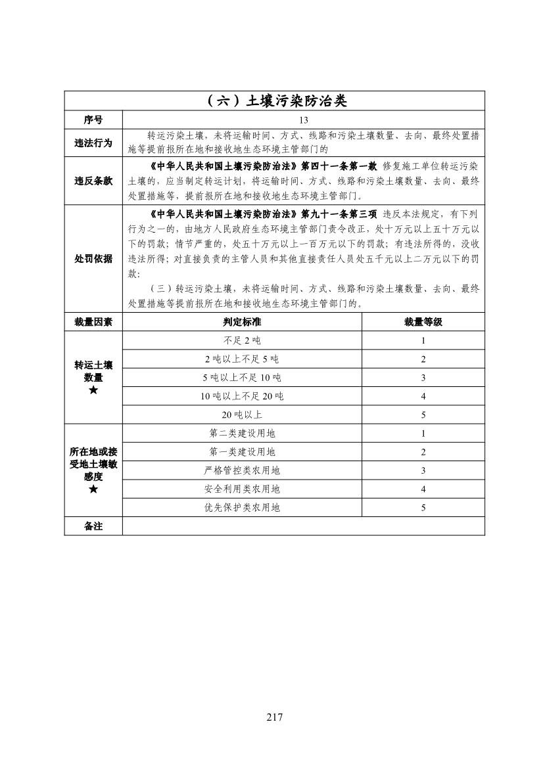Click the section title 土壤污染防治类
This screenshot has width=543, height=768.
pyautogui.click(x=275, y=101)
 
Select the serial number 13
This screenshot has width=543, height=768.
pyautogui.click(x=303, y=120)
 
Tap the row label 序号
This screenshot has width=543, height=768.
pyautogui.click(x=93, y=120)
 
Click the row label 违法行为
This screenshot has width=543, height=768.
pyautogui.click(x=93, y=143)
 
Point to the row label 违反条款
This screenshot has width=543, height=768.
pyautogui.click(x=93, y=181)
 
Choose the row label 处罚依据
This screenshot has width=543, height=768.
pyautogui.click(x=93, y=259)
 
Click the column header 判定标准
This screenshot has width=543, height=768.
pyautogui.click(x=242, y=322)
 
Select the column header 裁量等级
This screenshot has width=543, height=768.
pyautogui.click(x=423, y=322)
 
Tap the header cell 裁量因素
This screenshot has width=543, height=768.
pyautogui.click(x=93, y=322)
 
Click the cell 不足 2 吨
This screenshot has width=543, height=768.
pyautogui.click(x=242, y=340)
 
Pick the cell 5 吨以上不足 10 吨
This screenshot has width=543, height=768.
pyautogui.click(x=242, y=378)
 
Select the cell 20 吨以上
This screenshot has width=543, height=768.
pyautogui.click(x=242, y=415)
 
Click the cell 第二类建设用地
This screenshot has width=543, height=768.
pyautogui.click(x=242, y=434)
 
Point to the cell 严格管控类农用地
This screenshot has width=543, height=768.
pyautogui.click(x=242, y=470)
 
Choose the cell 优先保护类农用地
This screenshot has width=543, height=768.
pyautogui.click(x=242, y=508)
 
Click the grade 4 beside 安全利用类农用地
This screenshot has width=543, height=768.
pyautogui.click(x=423, y=489)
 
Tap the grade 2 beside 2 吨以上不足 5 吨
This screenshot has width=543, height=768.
pyautogui.click(x=423, y=359)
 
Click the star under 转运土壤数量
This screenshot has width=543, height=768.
pyautogui.click(x=93, y=391)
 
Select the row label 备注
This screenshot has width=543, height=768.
pyautogui.click(x=93, y=526)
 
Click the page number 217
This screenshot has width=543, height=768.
pyautogui.click(x=275, y=717)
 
